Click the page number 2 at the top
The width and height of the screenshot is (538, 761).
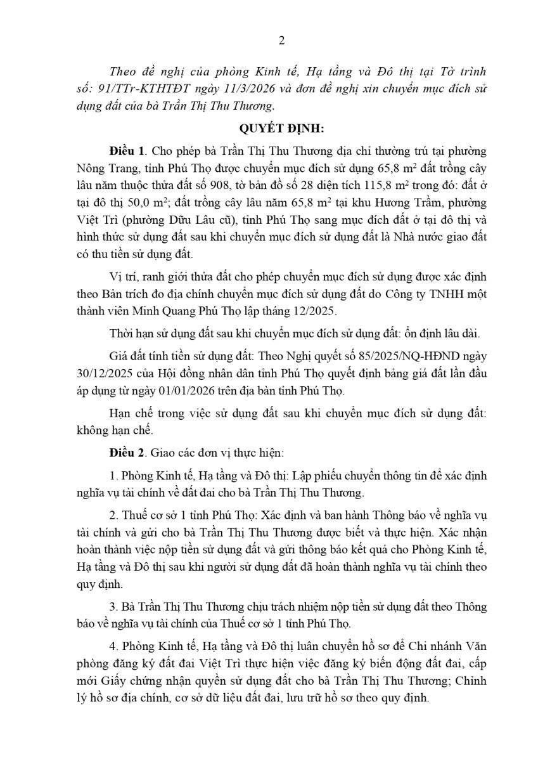click(282, 41)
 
